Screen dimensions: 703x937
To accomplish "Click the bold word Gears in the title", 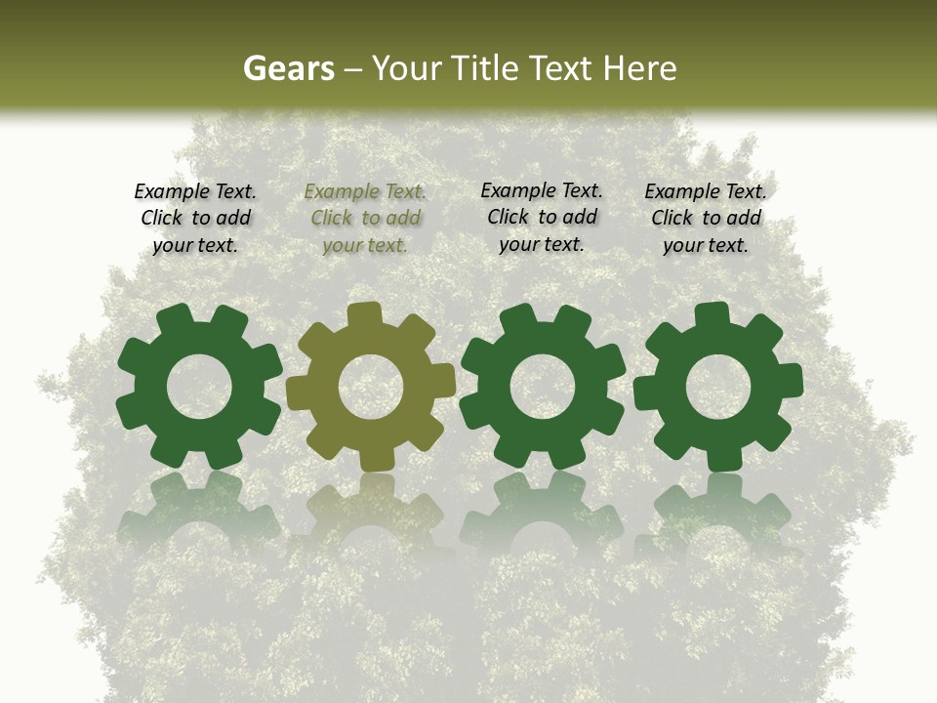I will click(x=288, y=68).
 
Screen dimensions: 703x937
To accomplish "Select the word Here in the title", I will click(x=639, y=68).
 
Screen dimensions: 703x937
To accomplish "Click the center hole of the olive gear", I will click(x=371, y=387).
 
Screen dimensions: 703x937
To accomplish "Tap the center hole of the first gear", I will click(x=199, y=387).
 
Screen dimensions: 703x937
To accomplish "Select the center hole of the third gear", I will click(x=543, y=387).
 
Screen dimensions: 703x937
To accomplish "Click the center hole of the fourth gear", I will click(x=718, y=387).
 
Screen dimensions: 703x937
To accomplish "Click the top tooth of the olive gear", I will click(x=364, y=314).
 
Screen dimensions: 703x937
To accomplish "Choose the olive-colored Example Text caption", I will click(x=365, y=219).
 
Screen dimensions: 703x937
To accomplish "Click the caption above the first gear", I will click(x=195, y=219).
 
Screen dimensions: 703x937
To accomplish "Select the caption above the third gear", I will click(x=542, y=218).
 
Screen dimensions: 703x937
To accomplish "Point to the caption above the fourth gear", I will click(x=706, y=219).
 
